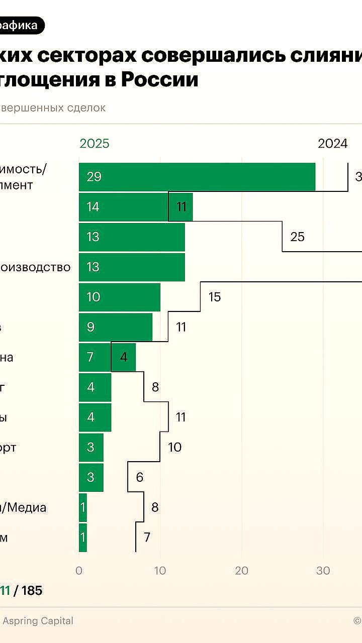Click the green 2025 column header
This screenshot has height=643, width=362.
95,144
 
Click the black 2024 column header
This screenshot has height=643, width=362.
332,144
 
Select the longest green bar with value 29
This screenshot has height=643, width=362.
197,177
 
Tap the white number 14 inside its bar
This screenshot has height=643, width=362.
93,207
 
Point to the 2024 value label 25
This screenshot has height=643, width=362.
297,237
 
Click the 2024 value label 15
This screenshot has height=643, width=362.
214,297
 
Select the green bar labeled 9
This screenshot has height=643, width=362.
115,327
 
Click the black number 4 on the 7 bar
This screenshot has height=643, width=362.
123,357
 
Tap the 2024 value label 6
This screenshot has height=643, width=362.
139,477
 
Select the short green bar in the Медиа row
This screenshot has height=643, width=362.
83,507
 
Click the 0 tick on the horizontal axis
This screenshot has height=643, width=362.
79,571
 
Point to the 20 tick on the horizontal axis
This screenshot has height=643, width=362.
242,571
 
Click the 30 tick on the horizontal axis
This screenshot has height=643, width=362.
323,571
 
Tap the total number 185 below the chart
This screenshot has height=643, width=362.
32,591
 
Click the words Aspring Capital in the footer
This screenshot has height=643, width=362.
38,621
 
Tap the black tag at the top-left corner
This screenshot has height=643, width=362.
20,26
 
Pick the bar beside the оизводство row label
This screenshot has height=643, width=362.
132,267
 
